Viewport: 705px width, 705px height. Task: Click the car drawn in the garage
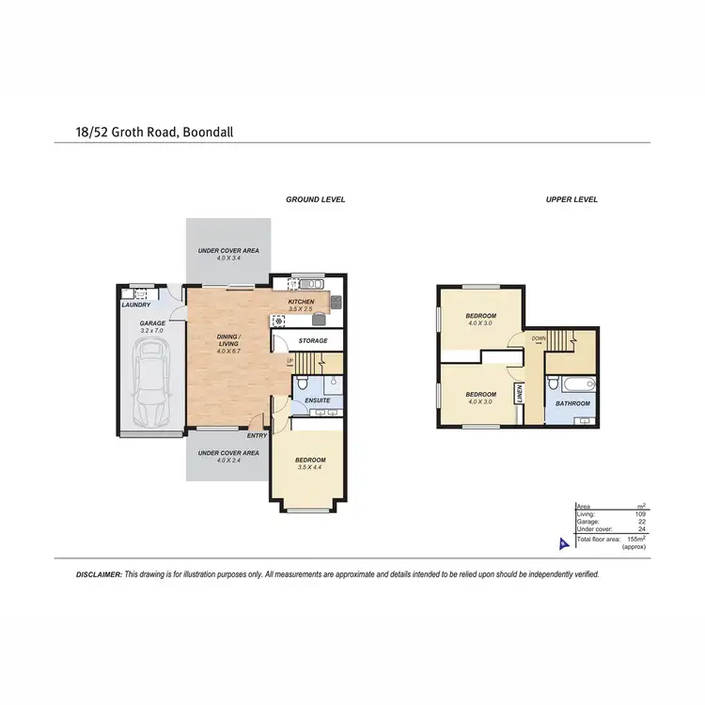point(150,382)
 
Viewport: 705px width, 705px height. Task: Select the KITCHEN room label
point(301,301)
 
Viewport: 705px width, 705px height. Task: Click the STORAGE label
point(312,340)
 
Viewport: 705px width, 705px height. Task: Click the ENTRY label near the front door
point(258,435)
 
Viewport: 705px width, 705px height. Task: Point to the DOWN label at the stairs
point(538,337)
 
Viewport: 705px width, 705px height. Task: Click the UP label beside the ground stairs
point(290,360)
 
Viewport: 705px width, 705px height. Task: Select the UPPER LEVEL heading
point(572,199)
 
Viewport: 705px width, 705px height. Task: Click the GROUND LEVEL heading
point(316,199)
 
